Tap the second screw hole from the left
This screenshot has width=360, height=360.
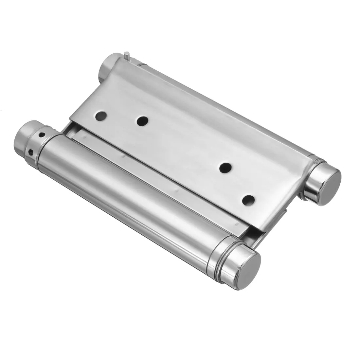tap(142, 121)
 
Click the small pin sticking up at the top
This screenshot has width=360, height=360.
tap(128, 56)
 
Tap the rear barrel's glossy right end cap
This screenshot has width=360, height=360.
tap(326, 178)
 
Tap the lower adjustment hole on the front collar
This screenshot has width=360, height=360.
tap(31, 151)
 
